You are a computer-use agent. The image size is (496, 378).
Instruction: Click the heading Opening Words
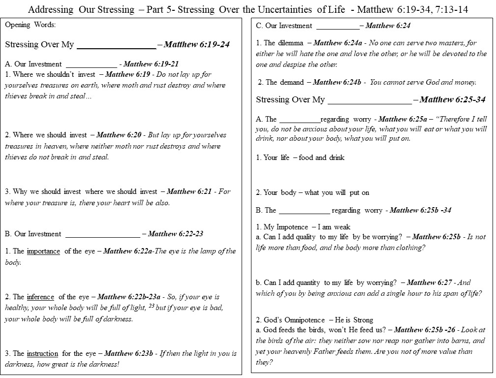coord(25,25)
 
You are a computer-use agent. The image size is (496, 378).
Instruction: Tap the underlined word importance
coord(43,251)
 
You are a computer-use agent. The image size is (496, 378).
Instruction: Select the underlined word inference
coord(41,297)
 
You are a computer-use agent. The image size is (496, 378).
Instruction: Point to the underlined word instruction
coord(42,353)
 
